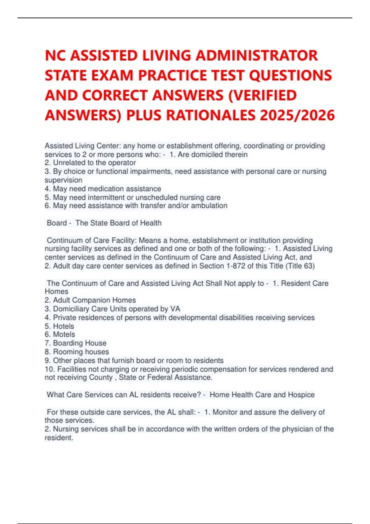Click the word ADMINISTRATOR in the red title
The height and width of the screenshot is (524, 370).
click(257, 56)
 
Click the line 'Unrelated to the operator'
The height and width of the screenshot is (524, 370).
click(94, 163)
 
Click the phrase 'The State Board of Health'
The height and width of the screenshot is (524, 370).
click(118, 223)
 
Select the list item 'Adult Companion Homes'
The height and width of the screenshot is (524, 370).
click(94, 300)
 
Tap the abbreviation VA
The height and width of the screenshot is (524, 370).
click(175, 309)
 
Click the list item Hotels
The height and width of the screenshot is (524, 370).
click(64, 326)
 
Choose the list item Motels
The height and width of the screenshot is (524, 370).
click(64, 334)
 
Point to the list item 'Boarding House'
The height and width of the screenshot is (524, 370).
click(80, 343)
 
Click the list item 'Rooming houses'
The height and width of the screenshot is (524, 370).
click(81, 352)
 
